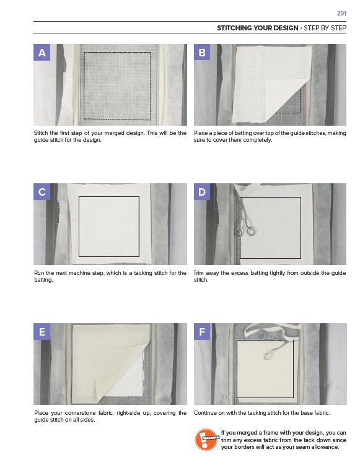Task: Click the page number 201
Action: click(x=341, y=14)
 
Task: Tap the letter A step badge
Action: click(x=42, y=53)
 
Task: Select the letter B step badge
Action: click(x=202, y=53)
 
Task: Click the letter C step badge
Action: click(x=42, y=191)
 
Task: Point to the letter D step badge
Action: click(x=202, y=191)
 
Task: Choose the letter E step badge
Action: click(x=42, y=331)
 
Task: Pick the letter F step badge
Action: click(x=202, y=331)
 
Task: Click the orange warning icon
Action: click(x=206, y=440)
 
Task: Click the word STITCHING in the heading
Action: click(x=234, y=28)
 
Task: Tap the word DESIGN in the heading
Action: click(x=286, y=28)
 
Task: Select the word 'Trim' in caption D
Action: click(x=199, y=273)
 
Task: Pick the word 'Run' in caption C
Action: click(x=39, y=273)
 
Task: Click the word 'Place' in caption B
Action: click(x=201, y=133)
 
